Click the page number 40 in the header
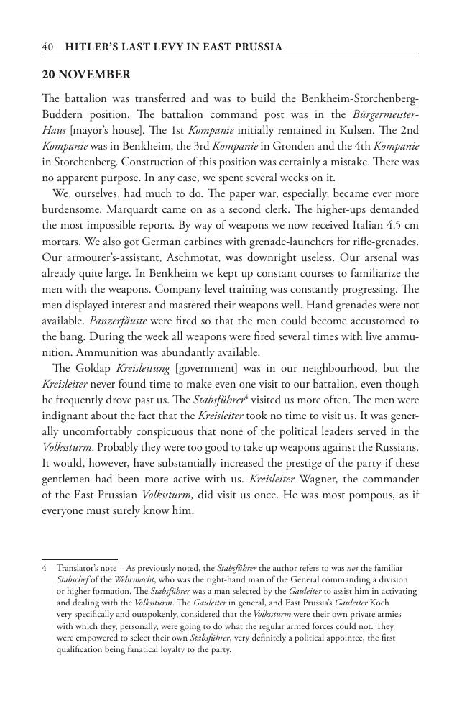(x=48, y=47)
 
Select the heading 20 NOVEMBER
(x=86, y=75)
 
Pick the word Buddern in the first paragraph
(x=63, y=114)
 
